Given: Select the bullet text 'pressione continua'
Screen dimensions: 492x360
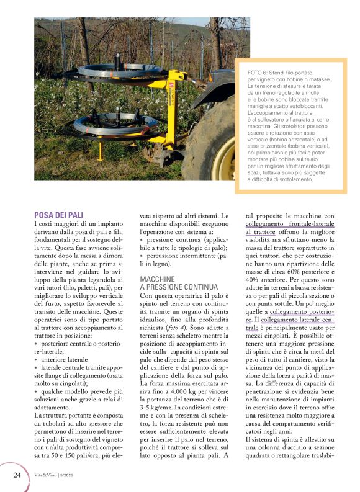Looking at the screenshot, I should coord(171,239).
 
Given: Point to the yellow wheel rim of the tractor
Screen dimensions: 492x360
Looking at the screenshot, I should coord(223,155).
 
